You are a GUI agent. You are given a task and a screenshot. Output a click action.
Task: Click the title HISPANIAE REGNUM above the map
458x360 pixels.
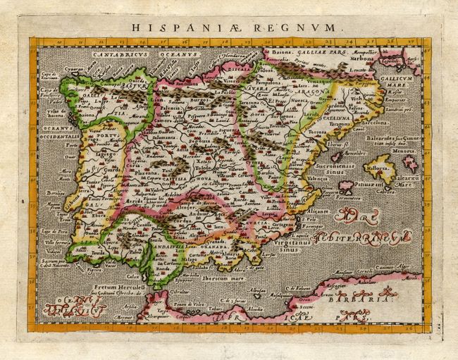click(228, 28)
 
